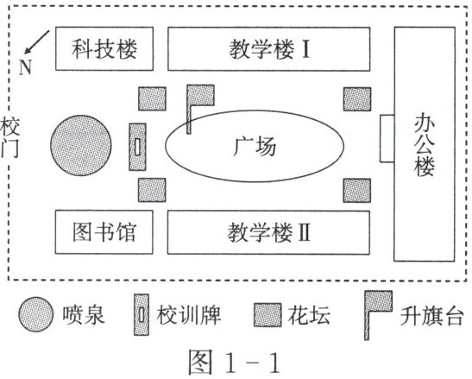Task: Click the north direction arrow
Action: click(37, 42)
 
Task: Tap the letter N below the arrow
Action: click(25, 67)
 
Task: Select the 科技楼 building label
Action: click(104, 49)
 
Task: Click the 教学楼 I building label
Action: click(269, 49)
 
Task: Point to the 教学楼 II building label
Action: click(269, 232)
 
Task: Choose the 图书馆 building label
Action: click(104, 232)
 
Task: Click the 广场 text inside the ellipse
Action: click(255, 147)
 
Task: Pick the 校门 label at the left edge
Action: click(9, 138)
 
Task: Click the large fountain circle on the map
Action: click(80, 145)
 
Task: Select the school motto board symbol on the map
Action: click(137, 147)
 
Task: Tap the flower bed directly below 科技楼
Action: click(152, 98)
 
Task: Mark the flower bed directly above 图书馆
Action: click(152, 190)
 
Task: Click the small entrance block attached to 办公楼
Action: click(387, 139)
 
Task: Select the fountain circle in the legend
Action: click(35, 314)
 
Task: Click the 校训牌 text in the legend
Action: click(188, 315)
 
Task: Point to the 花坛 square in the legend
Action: click(267, 315)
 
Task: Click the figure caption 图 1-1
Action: click(234, 362)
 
